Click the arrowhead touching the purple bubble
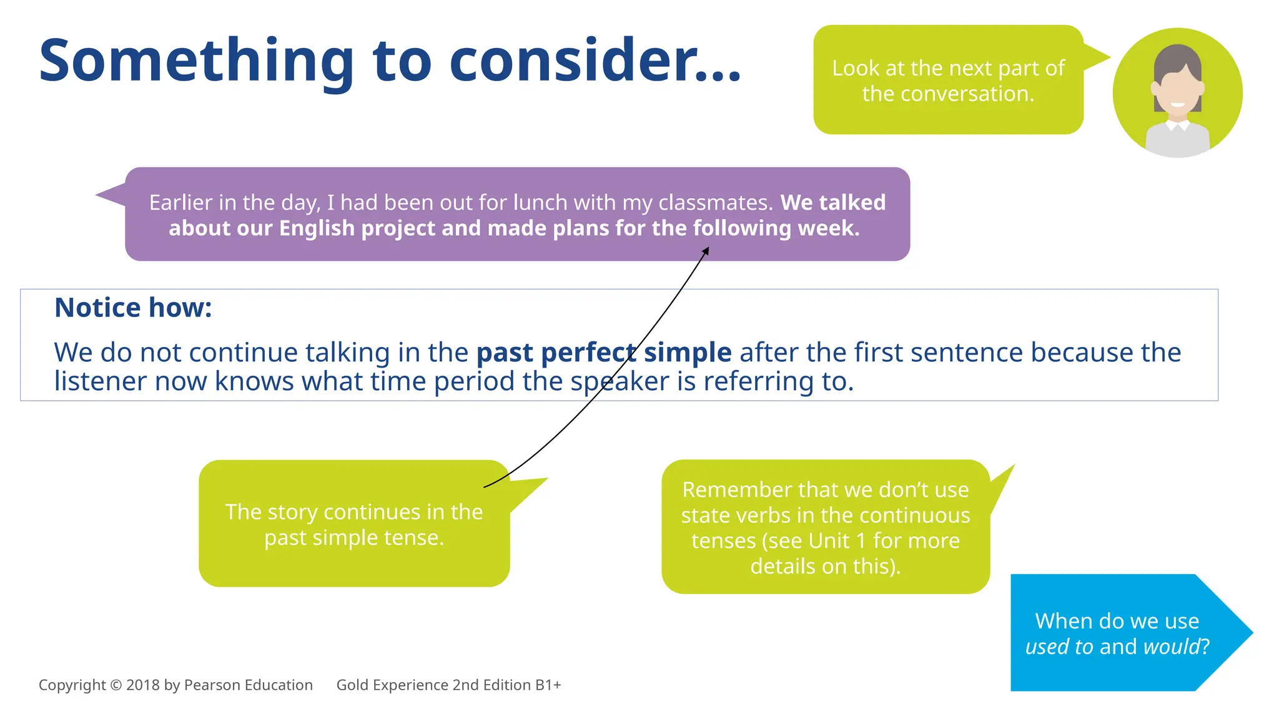(x=706, y=251)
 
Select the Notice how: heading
(x=133, y=308)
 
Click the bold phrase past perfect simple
(x=603, y=353)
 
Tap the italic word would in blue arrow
(x=1172, y=647)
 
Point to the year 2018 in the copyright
(x=143, y=685)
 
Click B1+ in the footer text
(x=548, y=685)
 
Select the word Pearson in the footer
(x=212, y=685)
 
